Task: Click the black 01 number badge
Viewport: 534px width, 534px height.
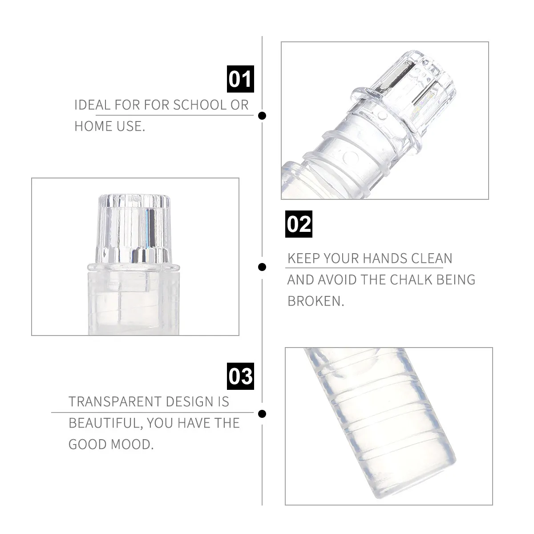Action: point(240,79)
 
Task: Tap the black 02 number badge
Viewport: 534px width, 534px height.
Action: point(299,224)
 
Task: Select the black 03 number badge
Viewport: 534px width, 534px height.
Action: point(240,376)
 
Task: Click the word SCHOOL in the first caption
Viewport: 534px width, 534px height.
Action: point(200,105)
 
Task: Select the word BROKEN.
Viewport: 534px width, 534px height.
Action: point(316,301)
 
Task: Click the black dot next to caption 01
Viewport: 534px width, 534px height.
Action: point(263,116)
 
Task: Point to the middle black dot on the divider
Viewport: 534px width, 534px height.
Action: point(263,267)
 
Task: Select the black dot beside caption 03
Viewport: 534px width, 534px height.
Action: point(263,414)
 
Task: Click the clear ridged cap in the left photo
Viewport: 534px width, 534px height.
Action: point(134,229)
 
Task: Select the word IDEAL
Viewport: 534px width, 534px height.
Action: point(92,105)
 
